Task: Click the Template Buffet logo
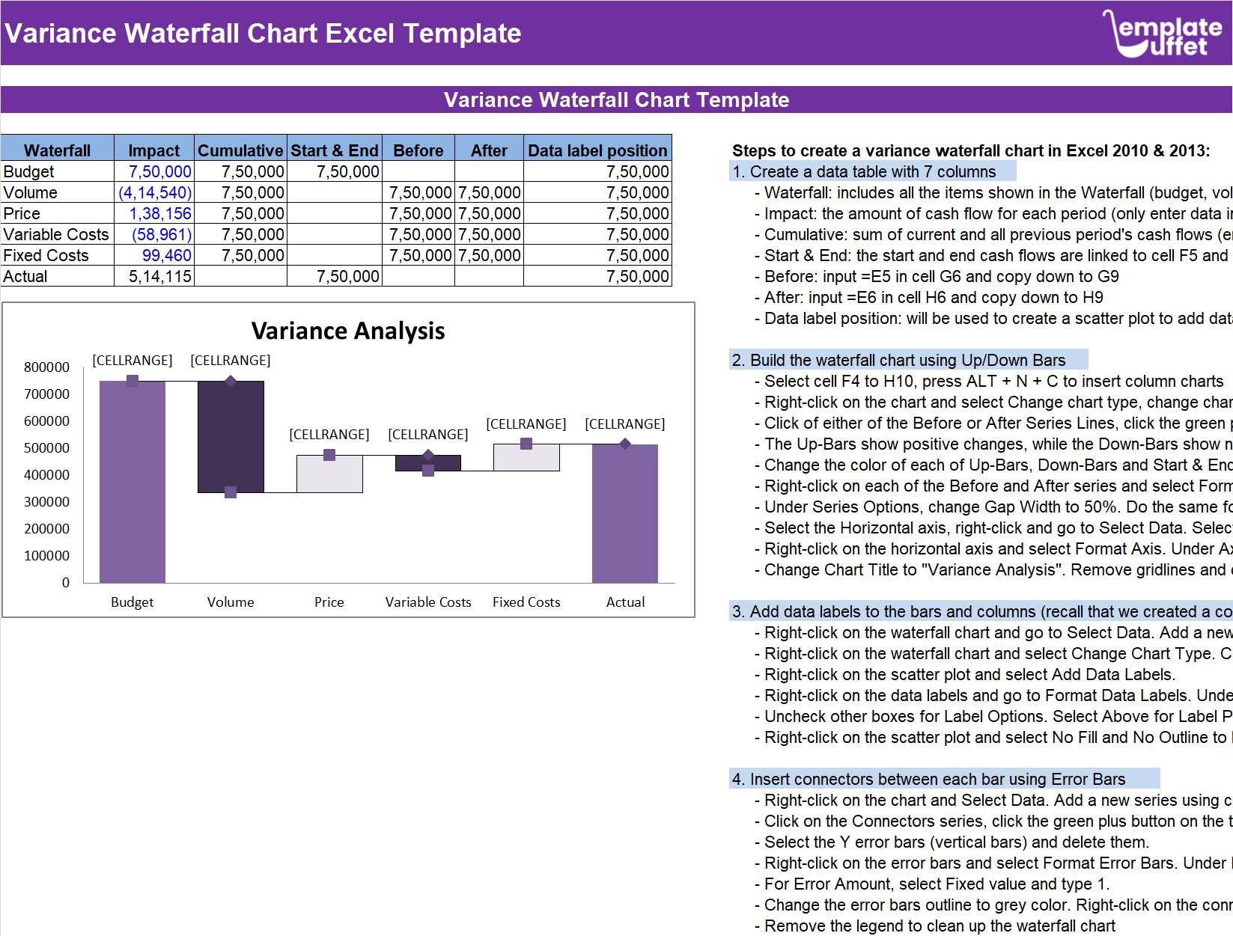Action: pyautogui.click(x=1163, y=34)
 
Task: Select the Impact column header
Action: pyautogui.click(x=153, y=150)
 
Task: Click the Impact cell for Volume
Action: pyautogui.click(x=155, y=192)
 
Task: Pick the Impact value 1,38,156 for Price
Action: pyautogui.click(x=159, y=213)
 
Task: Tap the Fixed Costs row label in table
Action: pyautogui.click(x=46, y=255)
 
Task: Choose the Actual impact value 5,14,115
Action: pyautogui.click(x=159, y=276)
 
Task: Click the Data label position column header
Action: pyautogui.click(x=597, y=150)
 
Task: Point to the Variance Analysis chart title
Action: pyautogui.click(x=348, y=331)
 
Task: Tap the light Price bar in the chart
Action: pyautogui.click(x=329, y=474)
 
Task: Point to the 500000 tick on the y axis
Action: pyautogui.click(x=46, y=447)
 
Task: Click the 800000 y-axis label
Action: pyautogui.click(x=46, y=367)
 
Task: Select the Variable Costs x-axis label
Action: pyautogui.click(x=428, y=602)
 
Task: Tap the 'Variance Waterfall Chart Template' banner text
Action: pyautogui.click(x=616, y=100)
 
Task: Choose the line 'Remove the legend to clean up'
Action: pyautogui.click(x=940, y=926)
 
